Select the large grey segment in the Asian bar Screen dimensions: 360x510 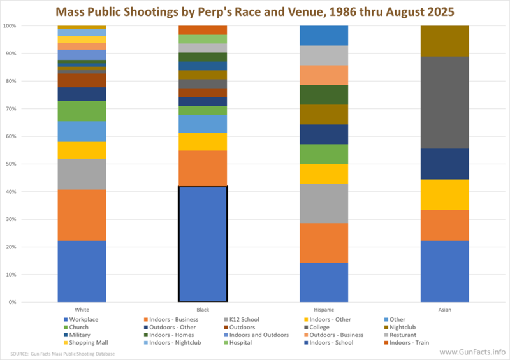click(x=445, y=103)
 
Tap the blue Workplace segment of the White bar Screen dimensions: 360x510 click(x=82, y=271)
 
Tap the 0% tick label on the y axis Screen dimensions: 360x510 click(x=12, y=302)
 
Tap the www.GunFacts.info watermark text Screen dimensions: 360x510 click(x=474, y=352)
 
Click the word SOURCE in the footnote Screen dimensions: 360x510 click(x=20, y=353)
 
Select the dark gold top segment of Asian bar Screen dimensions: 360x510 click(x=445, y=41)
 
